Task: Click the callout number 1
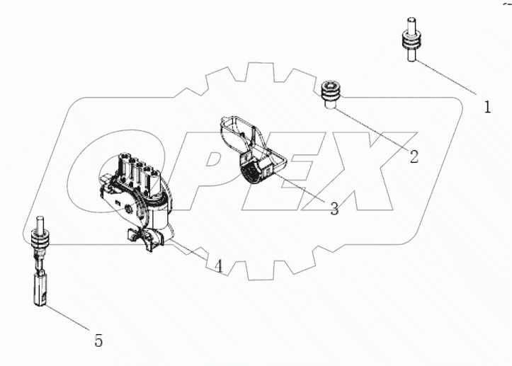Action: [x=487, y=108]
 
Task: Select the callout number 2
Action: [x=414, y=156]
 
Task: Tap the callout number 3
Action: [x=334, y=208]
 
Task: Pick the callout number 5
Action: [x=98, y=341]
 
